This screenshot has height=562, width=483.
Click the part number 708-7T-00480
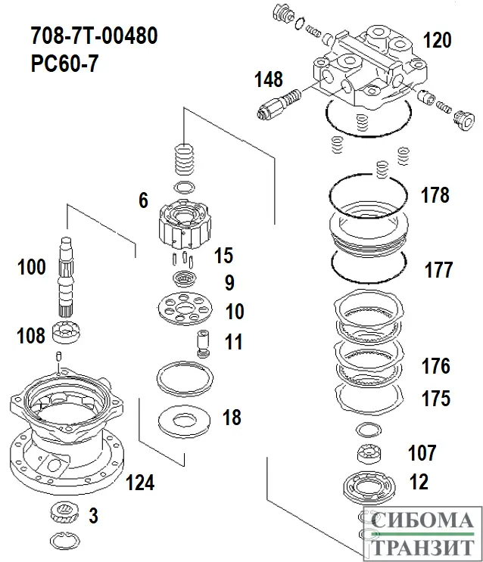point(94,35)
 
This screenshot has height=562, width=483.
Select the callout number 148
point(269,79)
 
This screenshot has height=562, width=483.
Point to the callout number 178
point(435,195)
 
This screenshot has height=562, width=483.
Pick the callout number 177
point(438,269)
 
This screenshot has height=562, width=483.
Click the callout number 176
point(435,368)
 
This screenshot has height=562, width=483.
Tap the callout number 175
point(435,398)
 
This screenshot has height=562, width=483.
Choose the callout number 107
point(422,453)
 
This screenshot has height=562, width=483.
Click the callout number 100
point(32,266)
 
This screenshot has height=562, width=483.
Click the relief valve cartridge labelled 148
point(278,103)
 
